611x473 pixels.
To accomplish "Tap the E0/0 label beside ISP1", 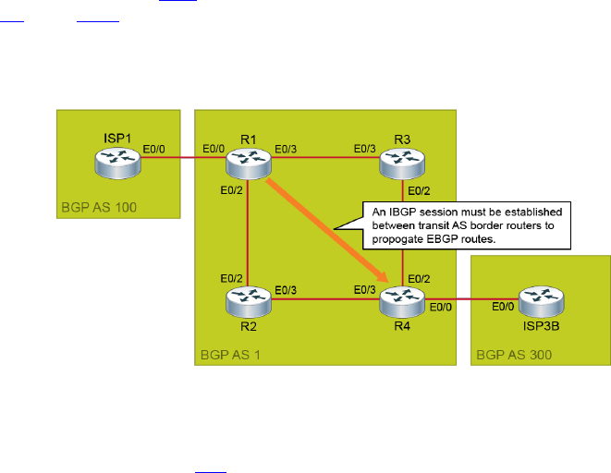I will pos(155,147).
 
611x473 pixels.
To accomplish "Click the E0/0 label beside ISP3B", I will pos(503,281).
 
